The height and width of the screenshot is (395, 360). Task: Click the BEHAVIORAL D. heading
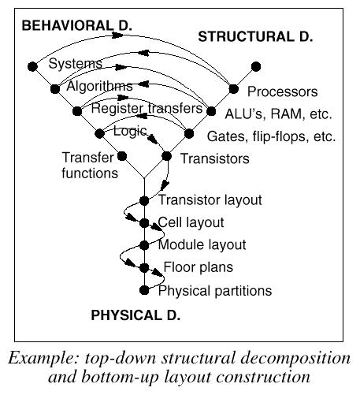click(76, 25)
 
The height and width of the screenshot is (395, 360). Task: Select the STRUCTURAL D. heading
click(255, 36)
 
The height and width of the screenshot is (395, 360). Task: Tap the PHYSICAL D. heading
click(135, 315)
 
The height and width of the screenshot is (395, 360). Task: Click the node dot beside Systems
click(32, 66)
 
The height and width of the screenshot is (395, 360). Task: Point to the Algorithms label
click(99, 86)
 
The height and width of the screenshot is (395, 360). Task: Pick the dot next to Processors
click(233, 89)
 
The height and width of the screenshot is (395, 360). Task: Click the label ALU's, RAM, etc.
click(279, 114)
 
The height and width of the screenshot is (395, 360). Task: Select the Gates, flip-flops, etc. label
click(272, 136)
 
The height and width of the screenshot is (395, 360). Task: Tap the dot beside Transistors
click(166, 156)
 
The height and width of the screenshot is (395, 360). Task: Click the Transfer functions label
click(90, 166)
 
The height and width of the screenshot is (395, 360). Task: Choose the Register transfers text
click(147, 108)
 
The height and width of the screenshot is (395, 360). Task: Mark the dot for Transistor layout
click(144, 201)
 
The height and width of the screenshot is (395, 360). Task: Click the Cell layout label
click(191, 222)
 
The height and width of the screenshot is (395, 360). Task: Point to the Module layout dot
click(144, 245)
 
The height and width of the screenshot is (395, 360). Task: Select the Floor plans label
click(199, 267)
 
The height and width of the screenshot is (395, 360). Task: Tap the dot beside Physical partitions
click(144, 290)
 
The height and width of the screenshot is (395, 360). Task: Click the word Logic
click(130, 131)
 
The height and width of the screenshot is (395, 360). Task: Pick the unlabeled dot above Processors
click(256, 66)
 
